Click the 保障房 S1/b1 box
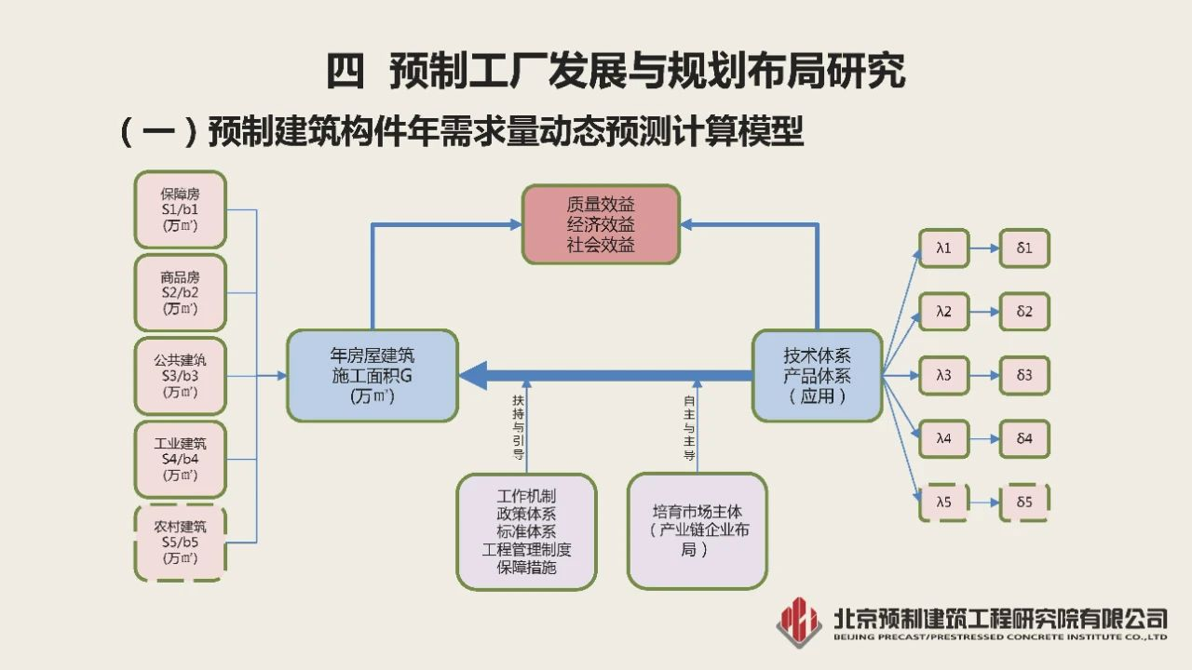pos(181,209)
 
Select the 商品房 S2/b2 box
pos(181,292)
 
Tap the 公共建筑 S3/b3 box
pos(181,375)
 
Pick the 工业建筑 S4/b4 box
pos(181,459)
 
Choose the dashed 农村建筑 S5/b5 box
pos(181,543)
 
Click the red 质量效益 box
pos(601,224)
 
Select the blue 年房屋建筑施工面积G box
pos(372,375)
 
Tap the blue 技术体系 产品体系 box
pos(817,375)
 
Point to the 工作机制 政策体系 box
pos(526,531)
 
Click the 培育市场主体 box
pos(697,531)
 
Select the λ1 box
pos(944,248)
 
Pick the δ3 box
pos(1024,375)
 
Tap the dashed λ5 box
pos(944,502)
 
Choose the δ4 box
pos(1024,438)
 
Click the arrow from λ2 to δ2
pos(984,312)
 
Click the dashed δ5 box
pos(1024,502)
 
